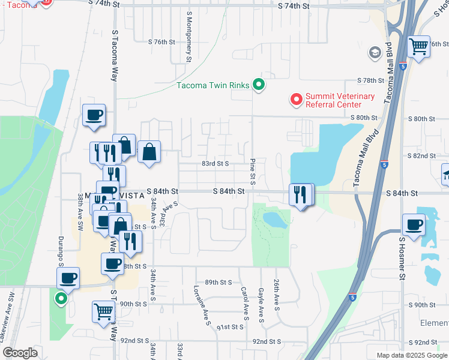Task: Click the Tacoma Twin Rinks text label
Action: pyautogui.click(x=212, y=85)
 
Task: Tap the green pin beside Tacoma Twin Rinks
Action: pyautogui.click(x=259, y=85)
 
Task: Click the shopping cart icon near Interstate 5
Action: pyautogui.click(x=418, y=46)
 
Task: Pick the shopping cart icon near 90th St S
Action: pyautogui.click(x=103, y=311)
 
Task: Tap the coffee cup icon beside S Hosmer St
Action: pyautogui.click(x=414, y=224)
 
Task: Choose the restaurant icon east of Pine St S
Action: pyautogui.click(x=300, y=194)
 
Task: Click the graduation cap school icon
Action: pyautogui.click(x=376, y=53)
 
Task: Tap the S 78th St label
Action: pyautogui.click(x=370, y=80)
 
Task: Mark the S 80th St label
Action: pyautogui.click(x=363, y=118)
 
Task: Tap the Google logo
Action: pyautogui.click(x=20, y=353)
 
